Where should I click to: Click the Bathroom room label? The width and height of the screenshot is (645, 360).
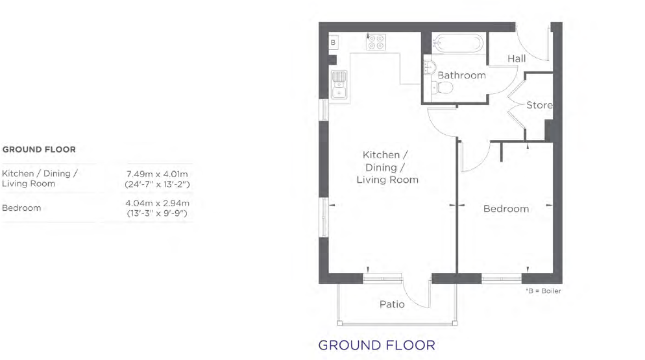pos(461,75)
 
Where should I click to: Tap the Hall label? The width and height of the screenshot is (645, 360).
pos(517,59)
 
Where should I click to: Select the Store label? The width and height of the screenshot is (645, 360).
pos(540,105)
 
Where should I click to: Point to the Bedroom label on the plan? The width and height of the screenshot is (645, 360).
pos(506,209)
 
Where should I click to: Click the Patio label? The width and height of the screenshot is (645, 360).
pos(392,304)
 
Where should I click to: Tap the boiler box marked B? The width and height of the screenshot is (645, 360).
pos(333,42)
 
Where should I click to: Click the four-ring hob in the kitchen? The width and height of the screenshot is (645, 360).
pos(376,42)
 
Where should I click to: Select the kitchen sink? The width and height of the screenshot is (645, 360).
pos(339,85)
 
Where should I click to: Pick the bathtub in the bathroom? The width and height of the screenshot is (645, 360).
pos(458,42)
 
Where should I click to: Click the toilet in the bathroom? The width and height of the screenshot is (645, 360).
pos(443,87)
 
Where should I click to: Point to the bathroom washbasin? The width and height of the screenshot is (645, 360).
pos(430,67)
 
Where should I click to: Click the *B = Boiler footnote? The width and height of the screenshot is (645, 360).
pos(543,291)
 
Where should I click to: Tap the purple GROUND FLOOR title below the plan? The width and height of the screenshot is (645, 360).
pos(377,345)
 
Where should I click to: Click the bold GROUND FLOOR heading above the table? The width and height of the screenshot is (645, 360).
pos(39,149)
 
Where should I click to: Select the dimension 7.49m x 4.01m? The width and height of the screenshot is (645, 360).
pos(157,174)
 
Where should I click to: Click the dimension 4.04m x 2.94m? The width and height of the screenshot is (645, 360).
pos(157,203)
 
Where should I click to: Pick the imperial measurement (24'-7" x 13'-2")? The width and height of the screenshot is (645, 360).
pos(157,184)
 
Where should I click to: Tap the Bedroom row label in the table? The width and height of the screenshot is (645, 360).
pos(21,208)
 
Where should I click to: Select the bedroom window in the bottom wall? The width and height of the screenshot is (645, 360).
pos(502,279)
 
